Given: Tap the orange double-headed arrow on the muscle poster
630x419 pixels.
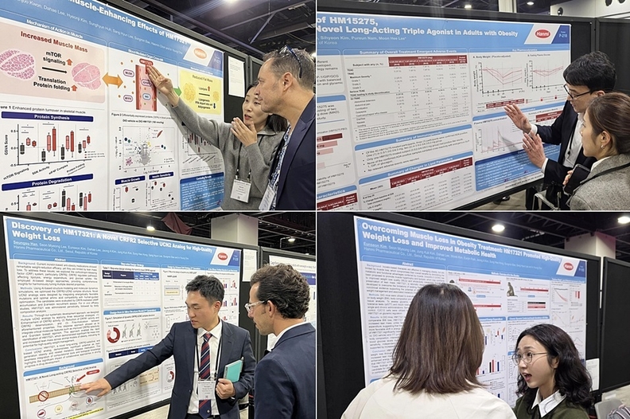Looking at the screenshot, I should (112, 80).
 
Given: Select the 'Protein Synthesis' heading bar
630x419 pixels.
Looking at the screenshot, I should (52, 116).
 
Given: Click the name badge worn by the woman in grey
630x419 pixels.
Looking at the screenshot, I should (239, 189).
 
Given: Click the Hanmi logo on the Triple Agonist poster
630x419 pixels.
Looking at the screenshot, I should (542, 34).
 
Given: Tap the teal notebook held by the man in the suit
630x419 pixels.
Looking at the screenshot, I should (233, 370).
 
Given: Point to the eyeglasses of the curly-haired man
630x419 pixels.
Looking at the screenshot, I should (256, 305).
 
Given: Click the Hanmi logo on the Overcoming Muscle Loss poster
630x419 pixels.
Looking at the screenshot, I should (567, 266).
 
